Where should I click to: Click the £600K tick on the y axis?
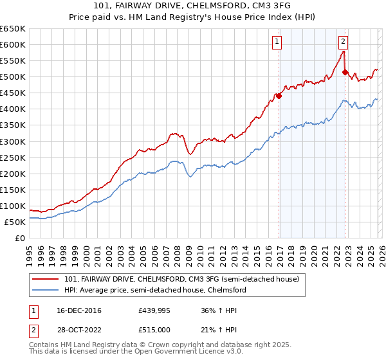(13, 44)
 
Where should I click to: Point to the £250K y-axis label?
(13, 157)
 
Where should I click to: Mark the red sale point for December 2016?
(279, 96)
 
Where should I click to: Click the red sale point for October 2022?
(345, 72)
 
